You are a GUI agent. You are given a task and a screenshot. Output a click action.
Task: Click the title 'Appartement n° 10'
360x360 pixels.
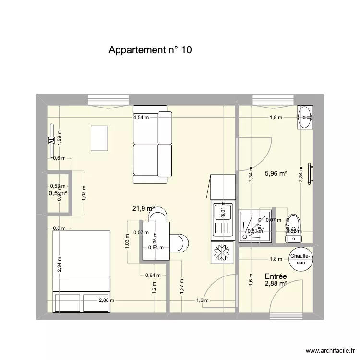tap(150, 50)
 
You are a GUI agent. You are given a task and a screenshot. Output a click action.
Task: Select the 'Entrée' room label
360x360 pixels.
tap(276, 276)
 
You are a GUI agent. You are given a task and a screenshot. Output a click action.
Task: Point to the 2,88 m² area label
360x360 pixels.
tap(276, 284)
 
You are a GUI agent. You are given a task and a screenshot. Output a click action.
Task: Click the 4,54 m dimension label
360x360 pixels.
tap(141, 117)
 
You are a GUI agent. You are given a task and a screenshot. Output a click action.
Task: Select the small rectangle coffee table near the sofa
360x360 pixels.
tap(99, 138)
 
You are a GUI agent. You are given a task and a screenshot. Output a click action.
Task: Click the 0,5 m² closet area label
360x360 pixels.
tap(57, 193)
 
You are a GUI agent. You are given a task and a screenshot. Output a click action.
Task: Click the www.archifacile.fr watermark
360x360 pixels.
tap(331, 351)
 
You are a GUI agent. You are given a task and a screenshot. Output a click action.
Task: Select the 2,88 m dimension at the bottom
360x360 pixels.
tap(107, 300)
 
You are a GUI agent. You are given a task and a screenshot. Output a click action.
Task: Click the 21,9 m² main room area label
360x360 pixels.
tap(143, 208)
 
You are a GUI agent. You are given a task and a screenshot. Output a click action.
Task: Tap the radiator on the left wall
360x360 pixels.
tap(51, 141)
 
